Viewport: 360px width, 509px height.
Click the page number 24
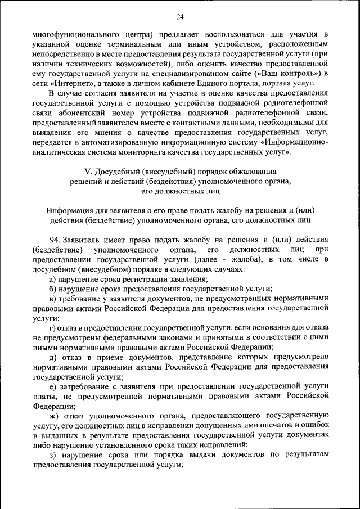coord(180,16)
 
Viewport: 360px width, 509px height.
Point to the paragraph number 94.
coord(55,240)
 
